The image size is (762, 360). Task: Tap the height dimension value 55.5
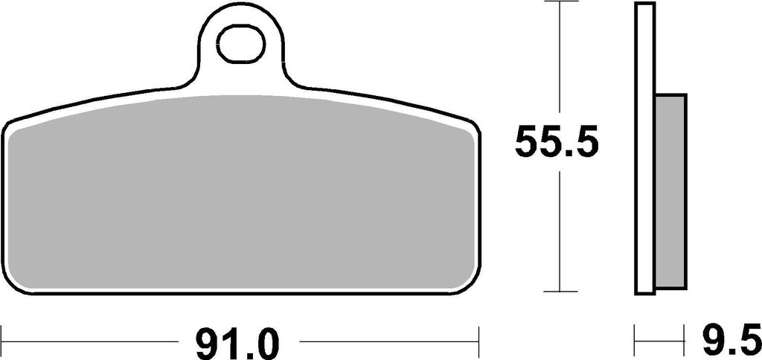click(x=557, y=144)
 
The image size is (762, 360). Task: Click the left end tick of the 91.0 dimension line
click(x=2, y=343)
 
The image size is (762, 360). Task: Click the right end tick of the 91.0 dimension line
click(x=479, y=343)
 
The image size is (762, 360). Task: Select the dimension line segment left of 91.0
click(x=89, y=343)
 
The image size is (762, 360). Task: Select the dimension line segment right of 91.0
click(x=387, y=343)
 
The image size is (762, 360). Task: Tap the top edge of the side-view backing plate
click(x=645, y=4)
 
